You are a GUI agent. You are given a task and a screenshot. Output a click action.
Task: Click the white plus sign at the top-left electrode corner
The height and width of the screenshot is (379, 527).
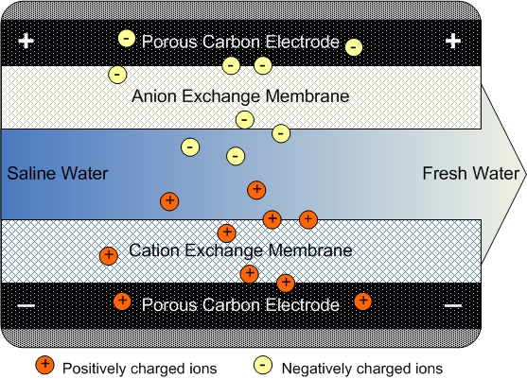(26, 42)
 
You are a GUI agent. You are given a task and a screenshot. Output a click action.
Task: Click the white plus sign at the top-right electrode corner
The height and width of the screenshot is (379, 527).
(452, 41)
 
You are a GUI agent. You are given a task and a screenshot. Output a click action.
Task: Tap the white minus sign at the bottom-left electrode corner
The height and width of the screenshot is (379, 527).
(26, 305)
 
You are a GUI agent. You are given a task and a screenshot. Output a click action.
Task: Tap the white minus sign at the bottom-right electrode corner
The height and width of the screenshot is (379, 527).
(453, 305)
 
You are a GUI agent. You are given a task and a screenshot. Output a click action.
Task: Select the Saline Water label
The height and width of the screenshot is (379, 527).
(58, 174)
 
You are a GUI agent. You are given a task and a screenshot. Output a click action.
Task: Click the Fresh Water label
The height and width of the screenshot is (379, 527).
(470, 174)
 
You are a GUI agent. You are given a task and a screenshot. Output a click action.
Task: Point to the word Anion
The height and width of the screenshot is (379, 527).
(154, 96)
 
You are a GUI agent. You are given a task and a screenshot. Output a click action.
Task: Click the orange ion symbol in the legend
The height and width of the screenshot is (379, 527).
(44, 365)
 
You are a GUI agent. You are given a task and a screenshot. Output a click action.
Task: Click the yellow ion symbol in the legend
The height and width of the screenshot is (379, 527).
(263, 365)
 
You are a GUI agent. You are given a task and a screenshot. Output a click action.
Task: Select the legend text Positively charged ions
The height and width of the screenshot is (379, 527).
(139, 369)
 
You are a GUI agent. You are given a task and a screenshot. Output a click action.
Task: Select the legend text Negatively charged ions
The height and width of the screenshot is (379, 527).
(362, 369)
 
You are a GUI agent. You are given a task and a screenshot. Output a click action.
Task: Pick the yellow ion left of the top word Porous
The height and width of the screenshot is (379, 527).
(127, 38)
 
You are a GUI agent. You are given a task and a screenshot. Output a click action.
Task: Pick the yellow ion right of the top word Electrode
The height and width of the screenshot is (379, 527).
(354, 47)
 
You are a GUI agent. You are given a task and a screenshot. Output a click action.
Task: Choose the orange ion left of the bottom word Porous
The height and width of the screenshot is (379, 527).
(122, 301)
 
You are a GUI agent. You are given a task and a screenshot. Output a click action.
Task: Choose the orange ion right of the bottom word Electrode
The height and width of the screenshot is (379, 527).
(363, 301)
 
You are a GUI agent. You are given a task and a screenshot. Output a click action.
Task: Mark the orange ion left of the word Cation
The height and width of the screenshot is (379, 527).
(109, 256)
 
